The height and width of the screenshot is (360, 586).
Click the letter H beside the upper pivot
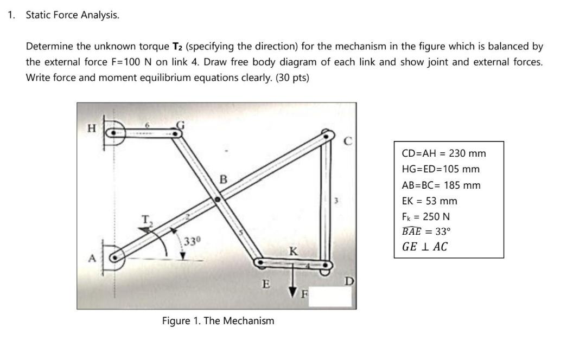point(92,128)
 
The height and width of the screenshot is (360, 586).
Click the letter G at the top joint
point(183,126)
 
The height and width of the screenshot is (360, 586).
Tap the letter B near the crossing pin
point(222,179)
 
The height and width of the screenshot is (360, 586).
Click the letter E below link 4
point(265,284)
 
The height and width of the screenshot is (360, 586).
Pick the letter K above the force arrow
point(292,252)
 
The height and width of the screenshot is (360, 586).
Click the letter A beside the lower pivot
point(92,258)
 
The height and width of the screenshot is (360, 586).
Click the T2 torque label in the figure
point(146,219)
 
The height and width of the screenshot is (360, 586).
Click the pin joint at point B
point(218,200)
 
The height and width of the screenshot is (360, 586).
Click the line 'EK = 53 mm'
point(429,201)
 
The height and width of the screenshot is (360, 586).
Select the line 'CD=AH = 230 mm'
point(444,153)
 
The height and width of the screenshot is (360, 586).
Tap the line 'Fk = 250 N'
point(426,216)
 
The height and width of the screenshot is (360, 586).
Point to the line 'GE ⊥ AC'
point(425,247)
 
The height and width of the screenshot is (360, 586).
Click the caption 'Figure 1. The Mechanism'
point(218,320)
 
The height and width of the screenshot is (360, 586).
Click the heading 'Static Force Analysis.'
point(73,15)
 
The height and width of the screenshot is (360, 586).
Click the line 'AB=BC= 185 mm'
point(441,185)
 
